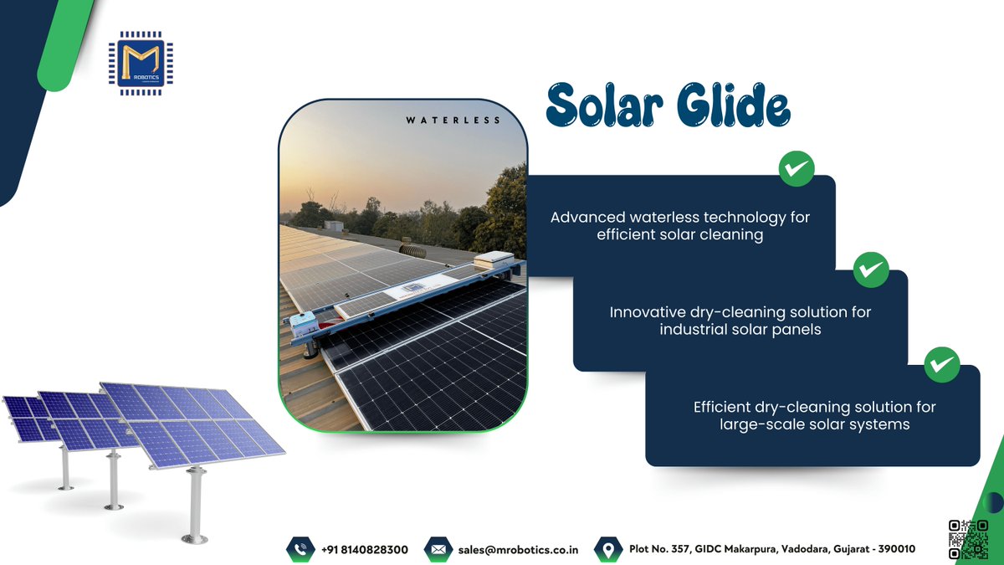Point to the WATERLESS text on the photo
coord(453,121)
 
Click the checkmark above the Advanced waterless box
coord(796,170)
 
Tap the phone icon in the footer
coord(299,549)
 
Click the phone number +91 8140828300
coord(365,550)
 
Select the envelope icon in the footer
coord(437,549)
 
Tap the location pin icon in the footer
coord(607,549)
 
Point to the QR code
coord(968,540)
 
